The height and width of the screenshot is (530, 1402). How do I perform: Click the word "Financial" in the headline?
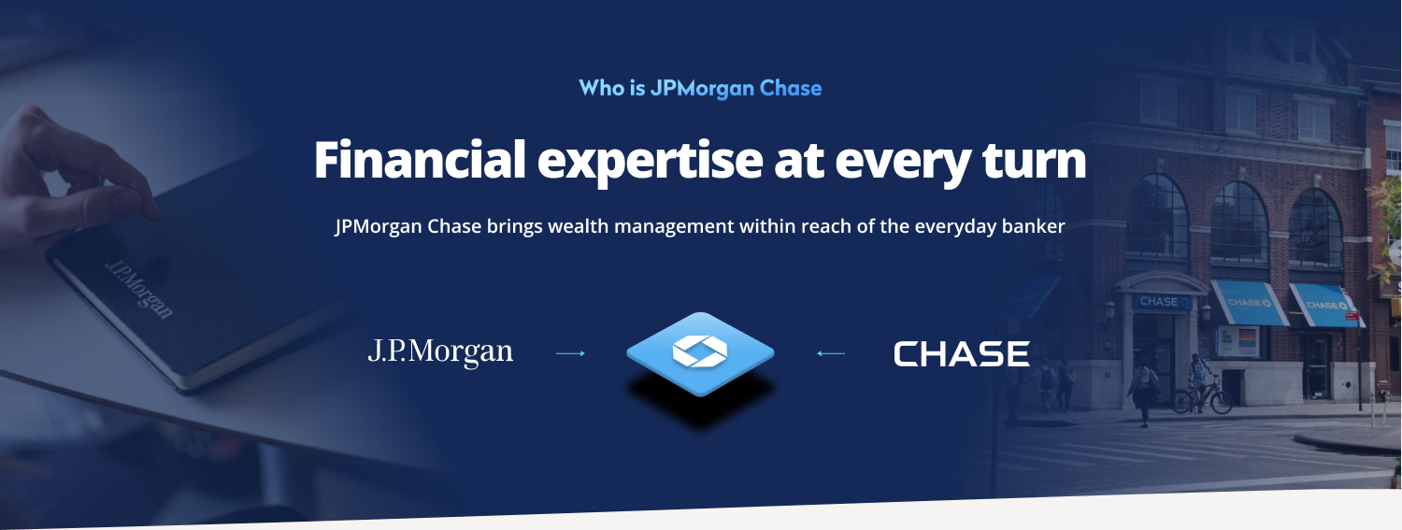(x=420, y=160)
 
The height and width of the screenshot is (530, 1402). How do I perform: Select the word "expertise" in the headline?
(x=650, y=163)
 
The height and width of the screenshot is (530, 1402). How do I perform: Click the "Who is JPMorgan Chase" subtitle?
(x=700, y=88)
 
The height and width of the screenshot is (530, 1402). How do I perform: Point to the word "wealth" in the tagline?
(x=579, y=226)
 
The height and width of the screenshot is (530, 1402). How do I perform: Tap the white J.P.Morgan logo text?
(x=440, y=352)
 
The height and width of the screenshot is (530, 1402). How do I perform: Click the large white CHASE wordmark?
(x=962, y=353)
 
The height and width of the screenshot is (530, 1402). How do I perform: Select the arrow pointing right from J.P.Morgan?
(x=570, y=353)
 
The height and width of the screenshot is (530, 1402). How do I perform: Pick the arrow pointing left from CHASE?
(x=831, y=353)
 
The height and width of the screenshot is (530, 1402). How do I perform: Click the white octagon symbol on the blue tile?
(x=700, y=351)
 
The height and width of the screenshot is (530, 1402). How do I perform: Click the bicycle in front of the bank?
(x=1201, y=397)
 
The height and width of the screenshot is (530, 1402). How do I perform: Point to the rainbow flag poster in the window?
(x=1239, y=342)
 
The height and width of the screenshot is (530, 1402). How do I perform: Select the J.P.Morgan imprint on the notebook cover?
(x=139, y=289)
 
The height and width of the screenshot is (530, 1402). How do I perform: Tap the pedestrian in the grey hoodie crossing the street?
(x=1142, y=393)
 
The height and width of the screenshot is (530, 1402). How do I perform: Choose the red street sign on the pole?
(x=1352, y=315)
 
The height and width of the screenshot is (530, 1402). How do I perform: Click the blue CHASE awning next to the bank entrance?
(x=1248, y=304)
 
